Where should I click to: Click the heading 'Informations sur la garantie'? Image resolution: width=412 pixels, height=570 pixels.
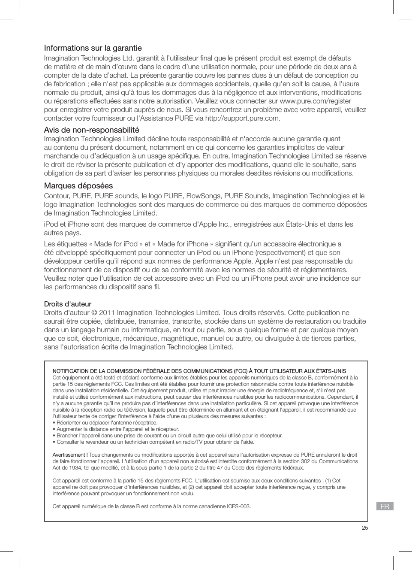pos(93,48)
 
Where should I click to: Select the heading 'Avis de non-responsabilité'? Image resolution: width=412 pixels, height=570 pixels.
pos(91,130)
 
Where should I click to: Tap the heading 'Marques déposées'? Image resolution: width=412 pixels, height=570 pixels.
pos(78,185)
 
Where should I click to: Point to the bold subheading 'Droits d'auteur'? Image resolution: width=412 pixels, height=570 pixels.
pos(68,304)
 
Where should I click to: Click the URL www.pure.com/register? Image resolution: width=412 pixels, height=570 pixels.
pos(315,101)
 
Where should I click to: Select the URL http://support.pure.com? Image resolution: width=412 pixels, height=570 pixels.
pos(242,118)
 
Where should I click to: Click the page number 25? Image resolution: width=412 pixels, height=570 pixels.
pos(364,528)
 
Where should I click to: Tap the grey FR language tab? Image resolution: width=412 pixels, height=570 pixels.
pos(385,506)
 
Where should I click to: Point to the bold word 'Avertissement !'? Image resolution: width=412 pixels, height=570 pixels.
pos(70,455)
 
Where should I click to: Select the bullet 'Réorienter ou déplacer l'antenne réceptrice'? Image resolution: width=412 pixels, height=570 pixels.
pos(105,422)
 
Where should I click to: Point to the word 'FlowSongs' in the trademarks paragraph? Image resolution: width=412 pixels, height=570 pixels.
pos(204,196)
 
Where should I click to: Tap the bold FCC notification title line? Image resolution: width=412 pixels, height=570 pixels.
pos(199,371)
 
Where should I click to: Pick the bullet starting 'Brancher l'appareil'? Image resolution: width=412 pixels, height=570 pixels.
pos(167,435)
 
